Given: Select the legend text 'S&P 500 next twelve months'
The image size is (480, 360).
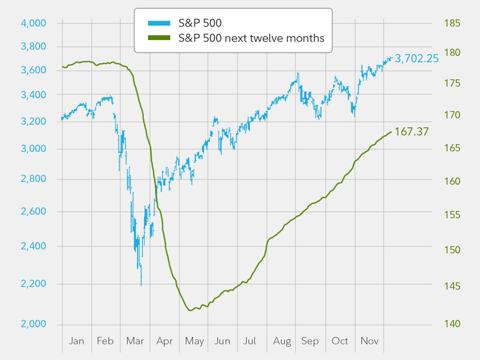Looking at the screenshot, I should coord(251,38).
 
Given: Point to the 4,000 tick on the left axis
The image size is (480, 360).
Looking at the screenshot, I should coord(34,23).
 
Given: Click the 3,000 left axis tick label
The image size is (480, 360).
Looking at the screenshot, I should coord(34,149).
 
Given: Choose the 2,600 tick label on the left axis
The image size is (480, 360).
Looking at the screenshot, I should coord(34,212).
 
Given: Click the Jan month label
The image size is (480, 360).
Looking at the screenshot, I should coord(77,341).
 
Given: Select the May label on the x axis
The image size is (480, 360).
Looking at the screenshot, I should coord(194,341).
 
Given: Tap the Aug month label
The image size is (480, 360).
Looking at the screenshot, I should coord(281,341).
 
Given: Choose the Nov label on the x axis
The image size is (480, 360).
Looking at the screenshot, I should coord(369,341).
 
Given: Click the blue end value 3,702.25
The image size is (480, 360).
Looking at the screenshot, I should coord(416,58).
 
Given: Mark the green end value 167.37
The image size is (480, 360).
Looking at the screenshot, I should coord(412,131).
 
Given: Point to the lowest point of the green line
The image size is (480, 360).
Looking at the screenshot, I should coord(191,310).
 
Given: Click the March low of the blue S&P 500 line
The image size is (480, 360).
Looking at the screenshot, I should coord(141,285).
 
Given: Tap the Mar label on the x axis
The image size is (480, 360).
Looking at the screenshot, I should coord(135,341).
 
